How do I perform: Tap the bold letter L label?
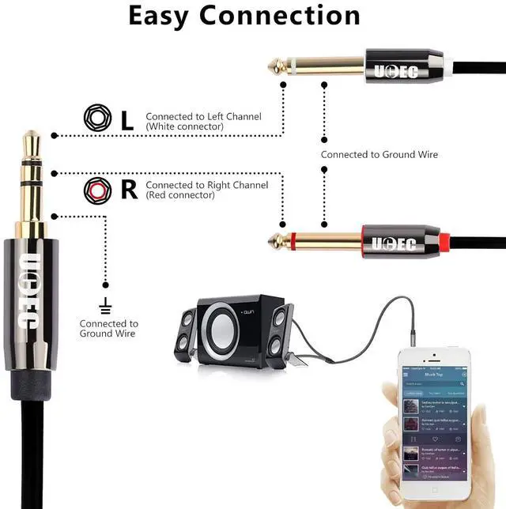click(x=127, y=120)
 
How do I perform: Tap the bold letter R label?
click(x=129, y=190)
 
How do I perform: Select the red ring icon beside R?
click(x=96, y=190)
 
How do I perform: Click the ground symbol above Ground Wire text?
click(x=105, y=304)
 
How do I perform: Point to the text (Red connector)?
click(x=179, y=195)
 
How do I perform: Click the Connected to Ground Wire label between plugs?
click(x=379, y=155)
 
